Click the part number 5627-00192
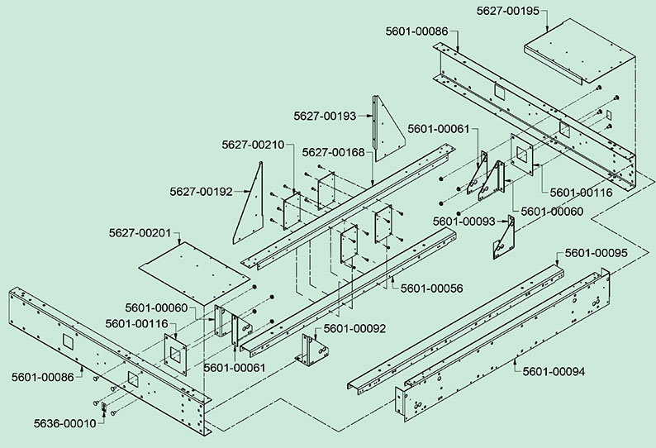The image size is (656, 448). click(x=201, y=192)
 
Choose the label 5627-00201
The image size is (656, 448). click(x=140, y=234)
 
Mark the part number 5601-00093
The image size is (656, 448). click(x=463, y=222)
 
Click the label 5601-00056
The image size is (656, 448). click(x=431, y=288)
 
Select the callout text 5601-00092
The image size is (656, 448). click(x=354, y=329)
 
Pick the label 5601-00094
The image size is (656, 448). click(x=554, y=372)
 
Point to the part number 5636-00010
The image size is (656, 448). click(x=64, y=422)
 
